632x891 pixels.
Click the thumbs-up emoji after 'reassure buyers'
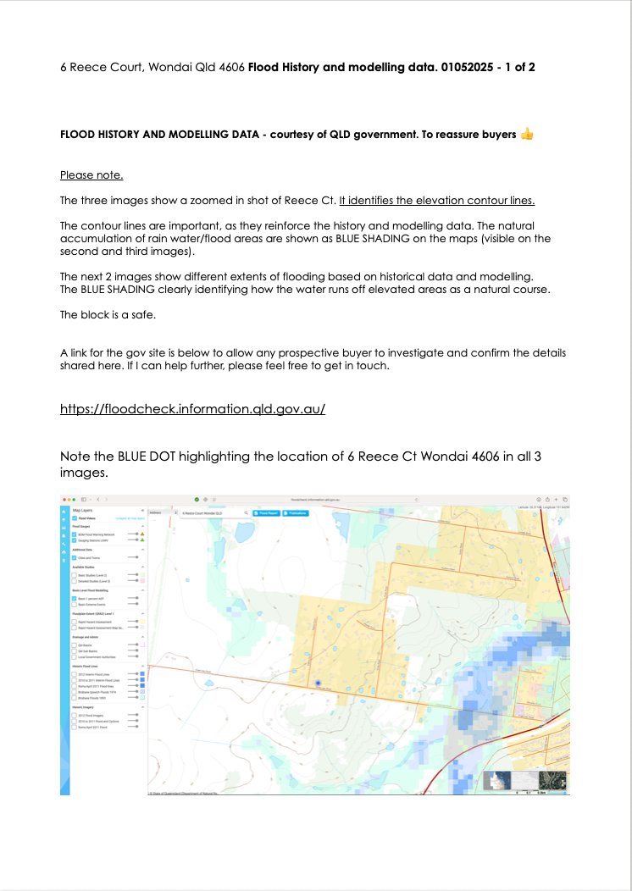527,134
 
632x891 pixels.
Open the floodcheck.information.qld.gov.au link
192,409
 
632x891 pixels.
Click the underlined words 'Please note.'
91,175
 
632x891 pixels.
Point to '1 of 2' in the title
517,66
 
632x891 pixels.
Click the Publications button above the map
297,513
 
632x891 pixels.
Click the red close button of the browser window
64,500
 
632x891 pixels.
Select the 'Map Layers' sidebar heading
82,512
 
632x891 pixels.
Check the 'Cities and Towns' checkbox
75,558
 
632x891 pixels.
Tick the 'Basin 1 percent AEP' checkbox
75,599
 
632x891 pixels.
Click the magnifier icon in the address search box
246,513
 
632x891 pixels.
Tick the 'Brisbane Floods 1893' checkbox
75,698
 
